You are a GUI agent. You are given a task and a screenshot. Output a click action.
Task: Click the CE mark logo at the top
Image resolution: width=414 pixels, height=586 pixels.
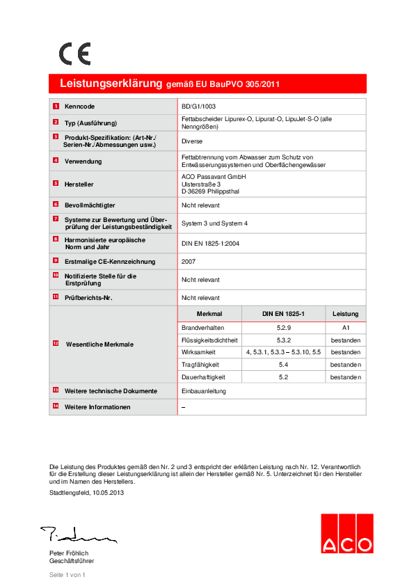click(74, 54)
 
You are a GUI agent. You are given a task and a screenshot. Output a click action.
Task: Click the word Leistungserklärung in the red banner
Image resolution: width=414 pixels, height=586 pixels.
click(111, 84)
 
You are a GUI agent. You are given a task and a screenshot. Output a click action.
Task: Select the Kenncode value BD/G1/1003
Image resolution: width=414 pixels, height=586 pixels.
click(198, 106)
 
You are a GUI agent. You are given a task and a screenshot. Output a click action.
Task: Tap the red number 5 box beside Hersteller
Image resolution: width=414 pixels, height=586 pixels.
click(56, 183)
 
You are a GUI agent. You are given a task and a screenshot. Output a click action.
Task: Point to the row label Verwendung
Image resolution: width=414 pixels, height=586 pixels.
click(83, 161)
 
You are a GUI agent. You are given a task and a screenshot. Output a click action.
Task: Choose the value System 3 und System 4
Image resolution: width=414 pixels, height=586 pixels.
click(214, 223)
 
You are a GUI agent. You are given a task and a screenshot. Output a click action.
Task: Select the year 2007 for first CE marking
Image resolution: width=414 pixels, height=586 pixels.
click(189, 262)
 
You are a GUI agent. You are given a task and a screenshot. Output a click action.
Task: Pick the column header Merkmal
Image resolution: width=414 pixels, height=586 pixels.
click(209, 314)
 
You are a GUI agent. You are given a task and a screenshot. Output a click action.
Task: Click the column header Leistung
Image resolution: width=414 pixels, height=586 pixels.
click(345, 314)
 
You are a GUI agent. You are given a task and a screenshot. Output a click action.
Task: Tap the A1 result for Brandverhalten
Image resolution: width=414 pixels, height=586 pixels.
click(345, 327)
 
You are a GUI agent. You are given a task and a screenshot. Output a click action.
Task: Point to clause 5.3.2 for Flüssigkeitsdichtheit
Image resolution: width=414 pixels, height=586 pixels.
click(283, 340)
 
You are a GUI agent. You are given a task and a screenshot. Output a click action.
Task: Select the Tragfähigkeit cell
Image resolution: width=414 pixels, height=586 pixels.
click(200, 365)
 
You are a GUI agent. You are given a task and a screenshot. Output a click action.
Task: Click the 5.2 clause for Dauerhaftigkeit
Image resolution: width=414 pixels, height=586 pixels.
click(283, 377)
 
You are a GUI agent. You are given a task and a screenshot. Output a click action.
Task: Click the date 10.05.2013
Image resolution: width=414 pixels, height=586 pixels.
click(104, 493)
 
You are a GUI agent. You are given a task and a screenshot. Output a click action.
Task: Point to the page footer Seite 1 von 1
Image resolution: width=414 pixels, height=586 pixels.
click(67, 575)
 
